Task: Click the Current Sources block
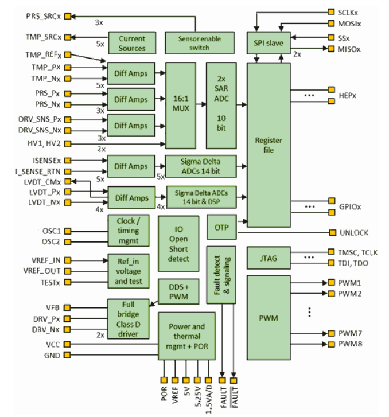coord(132,43)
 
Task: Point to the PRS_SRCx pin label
coord(43,18)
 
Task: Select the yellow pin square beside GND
coord(67,356)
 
